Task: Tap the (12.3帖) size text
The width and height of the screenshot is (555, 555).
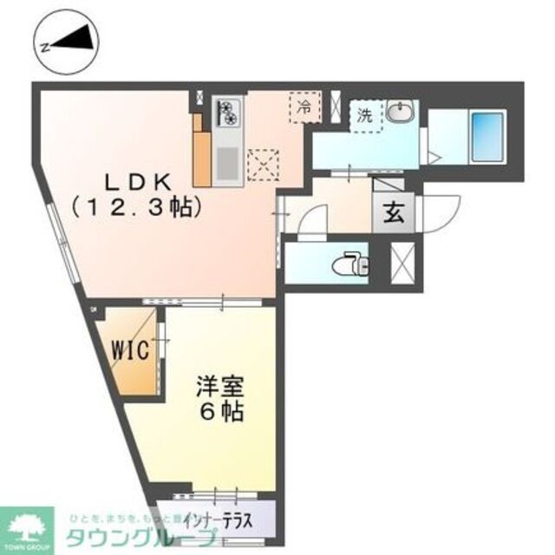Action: click(137, 208)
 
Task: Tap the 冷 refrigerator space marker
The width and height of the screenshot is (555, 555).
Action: click(304, 109)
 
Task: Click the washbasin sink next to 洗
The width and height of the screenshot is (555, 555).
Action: click(399, 113)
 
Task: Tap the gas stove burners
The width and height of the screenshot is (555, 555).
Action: click(228, 113)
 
